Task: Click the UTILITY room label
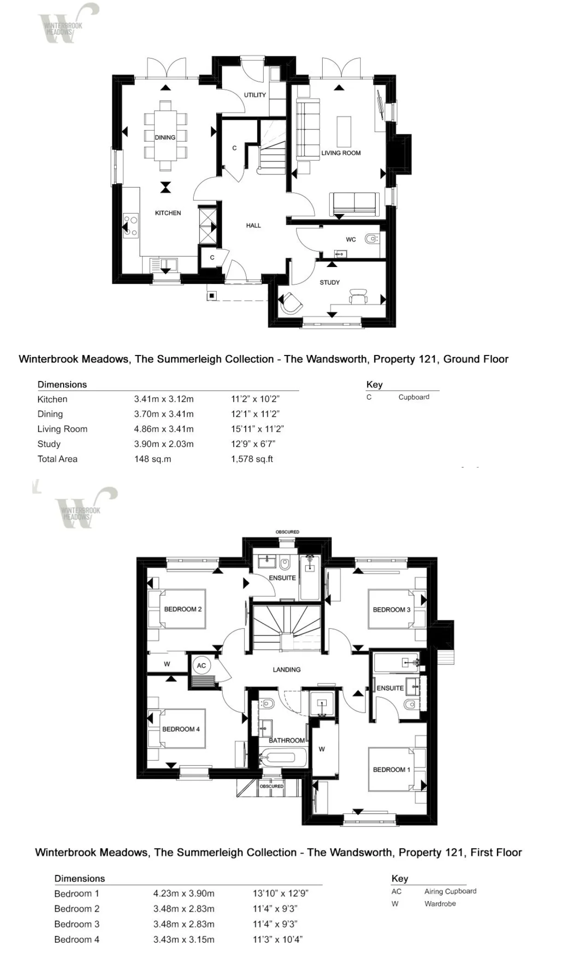pos(255,95)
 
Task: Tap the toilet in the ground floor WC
pos(371,239)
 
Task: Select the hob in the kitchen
pos(130,226)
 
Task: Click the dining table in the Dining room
pos(165,137)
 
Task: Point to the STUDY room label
pos(330,282)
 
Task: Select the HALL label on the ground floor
pos(254,226)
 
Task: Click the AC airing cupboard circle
pos(201,665)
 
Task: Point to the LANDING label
pos(287,670)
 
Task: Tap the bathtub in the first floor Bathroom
pos(277,757)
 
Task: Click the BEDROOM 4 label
pos(181,729)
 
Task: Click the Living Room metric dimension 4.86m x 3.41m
pos(164,429)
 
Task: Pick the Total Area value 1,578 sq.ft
pos(252,459)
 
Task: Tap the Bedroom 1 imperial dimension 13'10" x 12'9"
pos(280,893)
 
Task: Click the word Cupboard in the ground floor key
pos(414,397)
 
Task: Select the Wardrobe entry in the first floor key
pos(440,903)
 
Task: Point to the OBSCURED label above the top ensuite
pos(287,532)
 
